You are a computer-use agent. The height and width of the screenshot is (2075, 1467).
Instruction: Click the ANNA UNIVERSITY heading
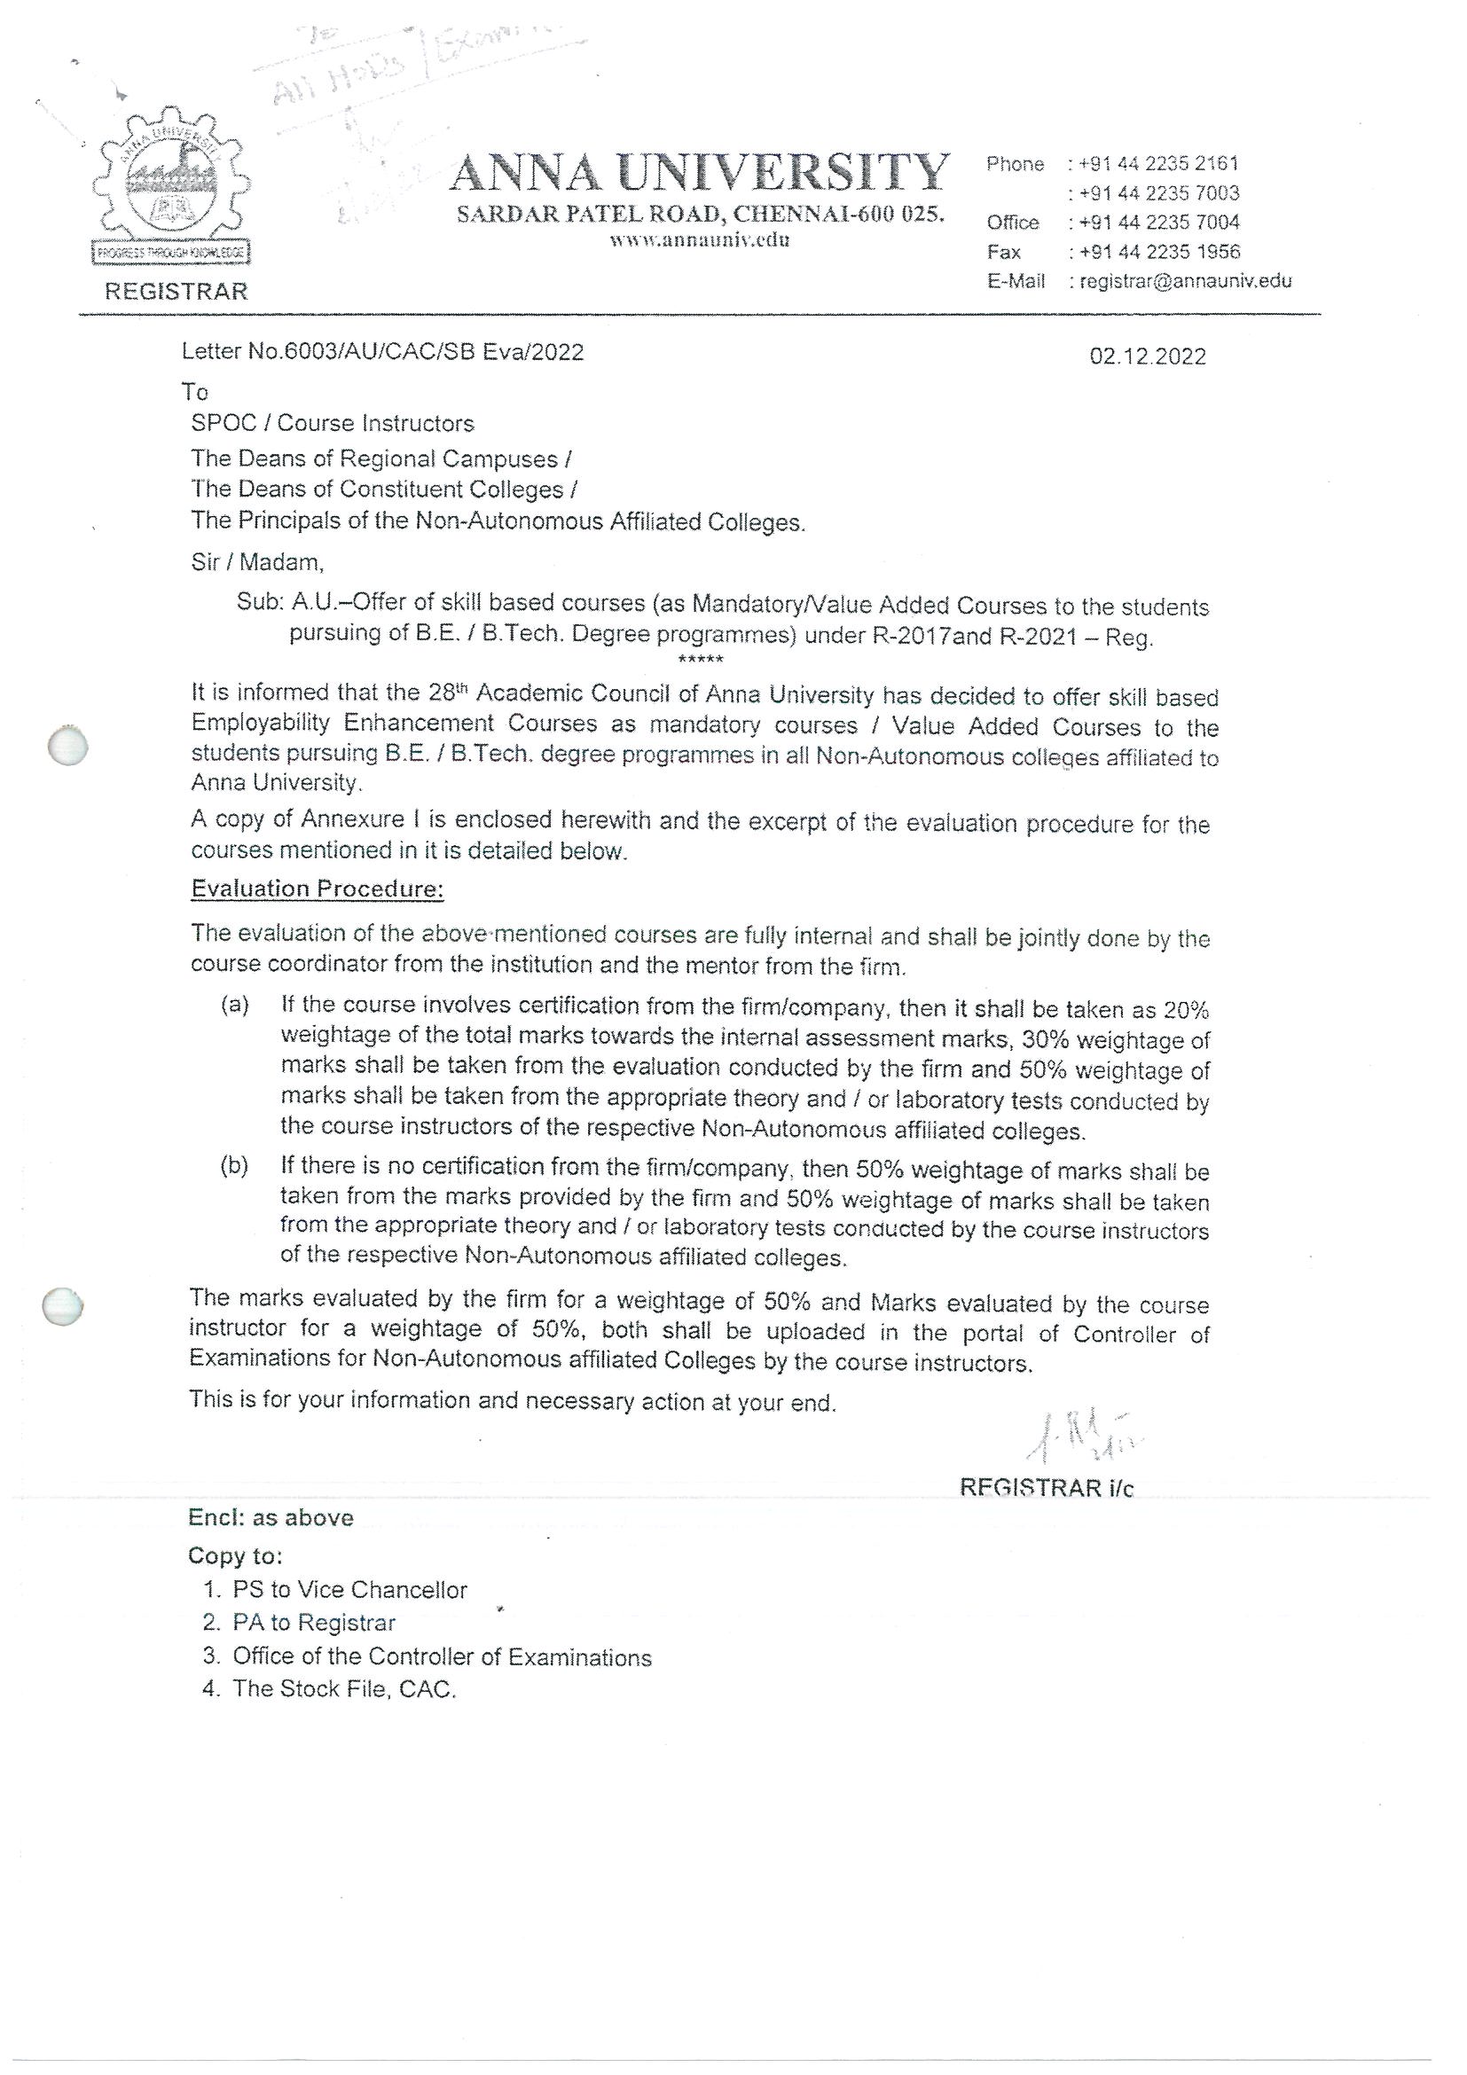[700, 173]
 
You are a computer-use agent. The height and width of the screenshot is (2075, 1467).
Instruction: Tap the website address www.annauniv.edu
[700, 240]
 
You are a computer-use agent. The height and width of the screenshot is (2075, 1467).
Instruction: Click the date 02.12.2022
[1147, 356]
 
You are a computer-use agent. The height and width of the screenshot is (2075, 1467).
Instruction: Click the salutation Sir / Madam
[256, 562]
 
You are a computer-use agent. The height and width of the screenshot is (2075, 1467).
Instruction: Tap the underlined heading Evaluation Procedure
[318, 889]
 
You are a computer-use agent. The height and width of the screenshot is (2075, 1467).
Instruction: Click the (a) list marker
[235, 1005]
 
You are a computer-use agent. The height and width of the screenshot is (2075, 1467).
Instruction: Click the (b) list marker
[235, 1166]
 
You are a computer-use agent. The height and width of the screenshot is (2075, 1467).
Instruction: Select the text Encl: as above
[271, 1517]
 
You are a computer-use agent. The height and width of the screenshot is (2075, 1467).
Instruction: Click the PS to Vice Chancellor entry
[349, 1590]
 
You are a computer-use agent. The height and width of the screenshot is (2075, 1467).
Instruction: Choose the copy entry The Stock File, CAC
[343, 1688]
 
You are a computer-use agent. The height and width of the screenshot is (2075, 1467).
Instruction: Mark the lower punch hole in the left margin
[63, 1306]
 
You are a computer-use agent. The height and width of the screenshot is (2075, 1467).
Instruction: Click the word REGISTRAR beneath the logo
[177, 291]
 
